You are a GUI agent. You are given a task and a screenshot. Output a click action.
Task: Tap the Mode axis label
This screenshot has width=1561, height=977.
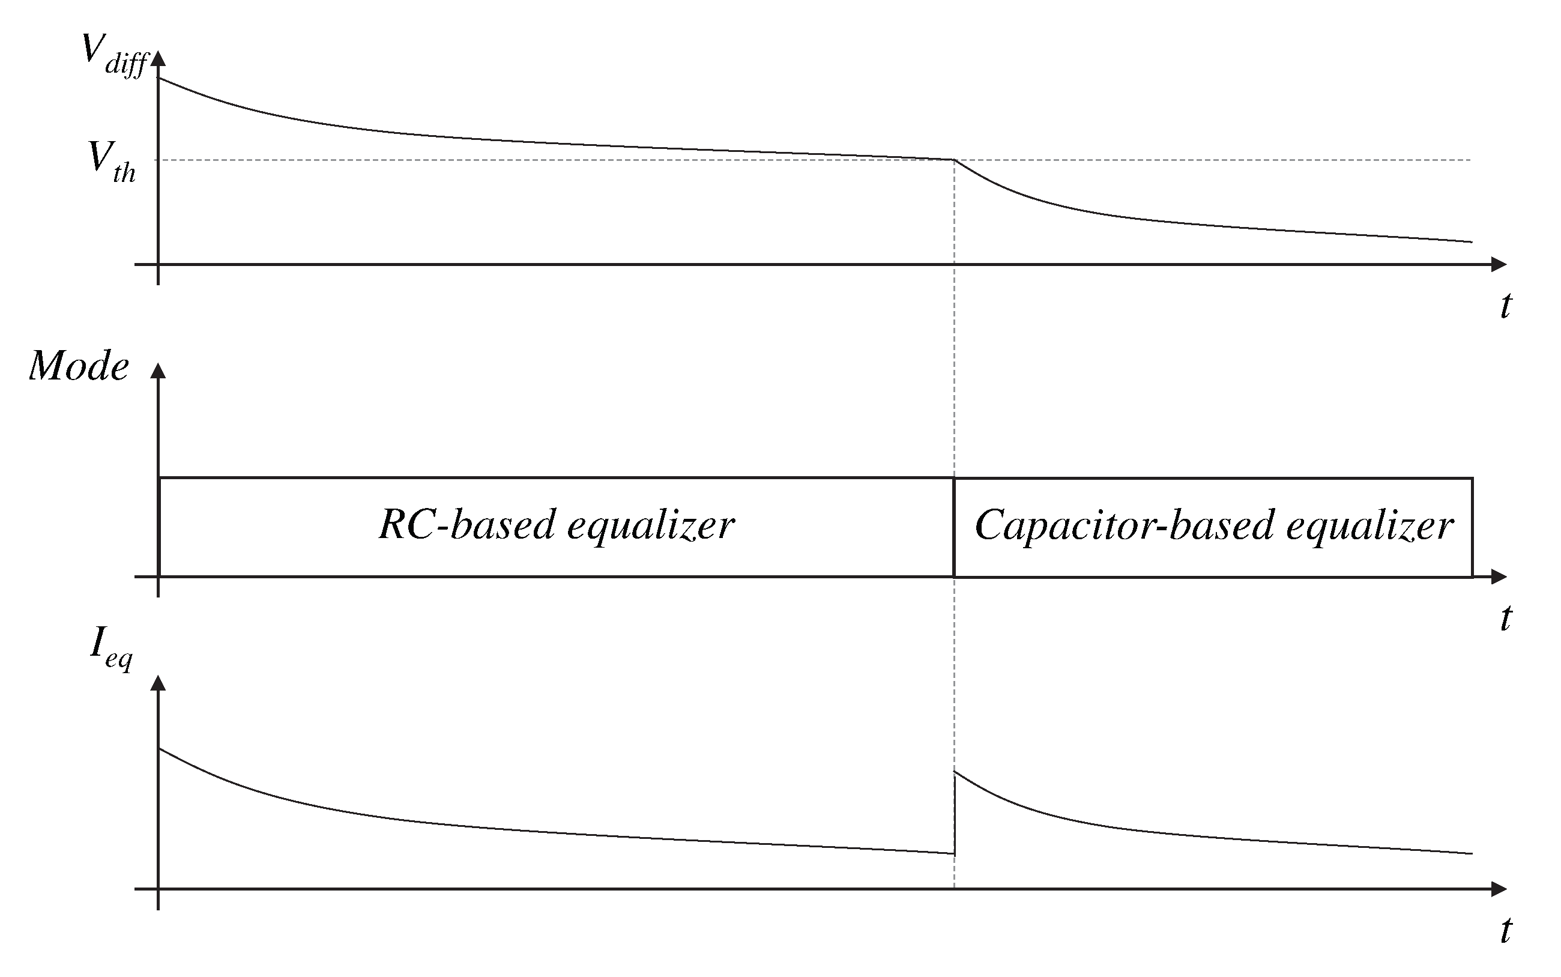click(79, 366)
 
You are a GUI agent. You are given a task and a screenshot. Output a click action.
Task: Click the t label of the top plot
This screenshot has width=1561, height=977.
click(1505, 305)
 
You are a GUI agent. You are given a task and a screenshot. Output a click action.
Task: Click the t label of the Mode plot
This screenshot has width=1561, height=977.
click(1505, 618)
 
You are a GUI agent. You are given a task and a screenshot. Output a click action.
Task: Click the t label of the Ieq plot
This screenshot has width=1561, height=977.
click(1505, 931)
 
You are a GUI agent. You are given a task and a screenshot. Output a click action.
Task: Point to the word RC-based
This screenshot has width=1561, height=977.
click(467, 524)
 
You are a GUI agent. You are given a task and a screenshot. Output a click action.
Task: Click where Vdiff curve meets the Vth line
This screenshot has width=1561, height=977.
click(954, 160)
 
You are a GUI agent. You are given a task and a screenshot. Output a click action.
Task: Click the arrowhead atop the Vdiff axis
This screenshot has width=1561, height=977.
click(159, 58)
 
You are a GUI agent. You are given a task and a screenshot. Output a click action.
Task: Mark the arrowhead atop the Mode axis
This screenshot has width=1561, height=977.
click(159, 371)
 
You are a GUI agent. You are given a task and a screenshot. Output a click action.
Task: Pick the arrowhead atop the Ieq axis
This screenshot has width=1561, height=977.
click(159, 683)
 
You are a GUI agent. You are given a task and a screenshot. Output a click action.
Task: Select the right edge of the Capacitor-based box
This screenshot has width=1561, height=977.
click(1473, 527)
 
